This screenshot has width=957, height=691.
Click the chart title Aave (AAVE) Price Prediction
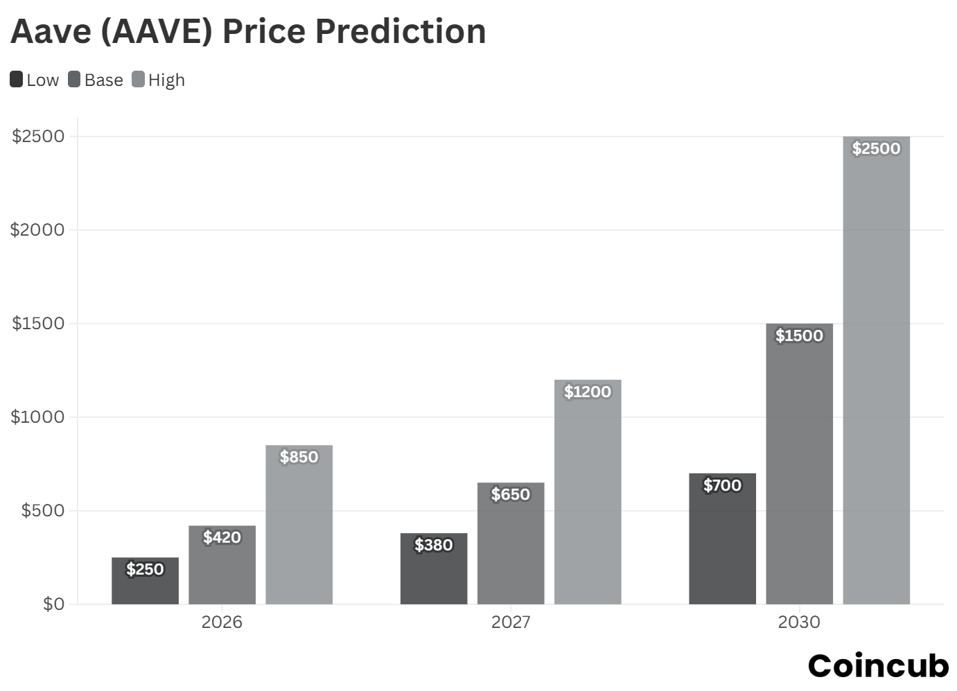(x=248, y=32)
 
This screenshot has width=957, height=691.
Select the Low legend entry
(x=35, y=80)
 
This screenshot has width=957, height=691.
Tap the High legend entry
(x=159, y=80)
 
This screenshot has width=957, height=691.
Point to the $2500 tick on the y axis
(x=38, y=137)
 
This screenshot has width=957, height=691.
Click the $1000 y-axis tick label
(x=38, y=417)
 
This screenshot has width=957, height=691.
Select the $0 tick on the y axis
(x=53, y=604)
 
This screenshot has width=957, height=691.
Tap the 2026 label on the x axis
(x=222, y=622)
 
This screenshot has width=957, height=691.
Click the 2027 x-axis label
(x=511, y=622)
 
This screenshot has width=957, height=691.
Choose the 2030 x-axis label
(x=798, y=622)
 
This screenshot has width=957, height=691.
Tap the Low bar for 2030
(x=722, y=548)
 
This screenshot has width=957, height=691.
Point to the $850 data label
(x=299, y=457)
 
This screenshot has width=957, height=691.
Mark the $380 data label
(x=434, y=545)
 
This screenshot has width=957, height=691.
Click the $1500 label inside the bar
(x=799, y=336)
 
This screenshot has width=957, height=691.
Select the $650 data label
(x=511, y=495)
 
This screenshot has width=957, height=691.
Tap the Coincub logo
(x=878, y=666)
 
